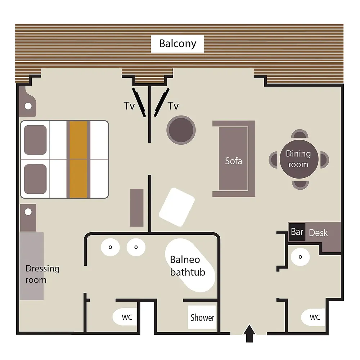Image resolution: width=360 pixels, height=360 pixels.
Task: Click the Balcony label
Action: (178, 44)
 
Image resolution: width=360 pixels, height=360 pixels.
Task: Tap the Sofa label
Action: (234, 161)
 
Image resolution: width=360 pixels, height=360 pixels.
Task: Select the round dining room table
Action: (299, 159)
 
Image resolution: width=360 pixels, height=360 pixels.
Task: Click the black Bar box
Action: (297, 232)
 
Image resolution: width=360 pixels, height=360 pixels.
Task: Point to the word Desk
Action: (318, 233)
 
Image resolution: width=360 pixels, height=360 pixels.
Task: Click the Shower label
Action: (202, 318)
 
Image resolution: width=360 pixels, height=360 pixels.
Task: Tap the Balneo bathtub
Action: (190, 266)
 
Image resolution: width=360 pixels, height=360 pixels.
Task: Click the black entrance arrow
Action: (249, 333)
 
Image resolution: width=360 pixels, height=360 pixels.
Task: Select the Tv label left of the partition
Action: (129, 106)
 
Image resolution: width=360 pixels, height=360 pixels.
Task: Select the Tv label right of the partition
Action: (173, 106)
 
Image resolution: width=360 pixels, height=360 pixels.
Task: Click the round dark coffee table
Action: (181, 130)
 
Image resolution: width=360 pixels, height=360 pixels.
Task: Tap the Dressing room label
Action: (42, 274)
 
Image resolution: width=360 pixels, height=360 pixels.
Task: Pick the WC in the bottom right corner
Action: (314, 317)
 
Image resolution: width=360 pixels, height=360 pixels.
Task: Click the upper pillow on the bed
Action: (35, 140)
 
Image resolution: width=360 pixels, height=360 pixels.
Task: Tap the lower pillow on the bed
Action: (35, 179)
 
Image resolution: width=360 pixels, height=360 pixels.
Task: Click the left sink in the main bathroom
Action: (111, 247)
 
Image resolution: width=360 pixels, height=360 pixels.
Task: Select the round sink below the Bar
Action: (300, 257)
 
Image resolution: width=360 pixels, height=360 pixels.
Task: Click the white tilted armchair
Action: (177, 207)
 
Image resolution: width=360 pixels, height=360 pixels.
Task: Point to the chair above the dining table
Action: (300, 134)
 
